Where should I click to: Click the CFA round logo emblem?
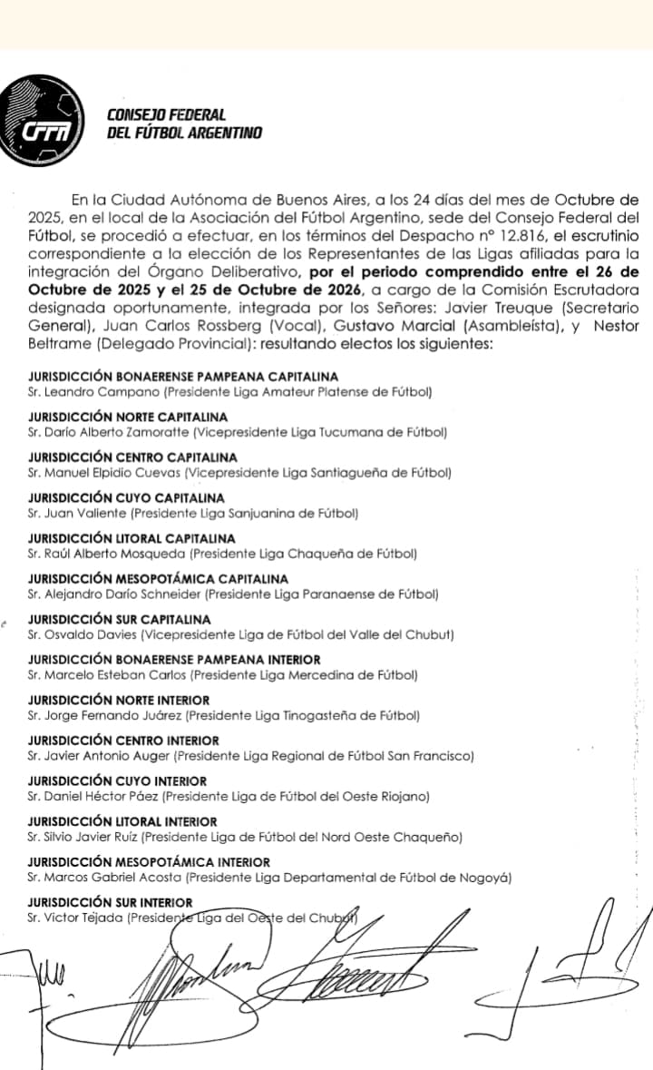click(x=44, y=123)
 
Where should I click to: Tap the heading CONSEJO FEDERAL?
click(x=166, y=115)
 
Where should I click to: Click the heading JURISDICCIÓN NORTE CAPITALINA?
click(x=128, y=417)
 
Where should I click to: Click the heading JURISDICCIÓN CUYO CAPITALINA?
click(x=126, y=498)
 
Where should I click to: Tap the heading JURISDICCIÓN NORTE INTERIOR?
click(x=119, y=701)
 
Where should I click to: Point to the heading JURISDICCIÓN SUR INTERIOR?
click(x=111, y=902)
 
